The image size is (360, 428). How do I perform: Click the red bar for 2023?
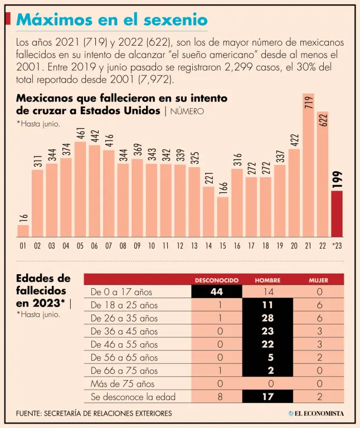point(337,214)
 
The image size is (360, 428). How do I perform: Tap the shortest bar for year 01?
point(23,231)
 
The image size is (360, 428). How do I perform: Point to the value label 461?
point(80,134)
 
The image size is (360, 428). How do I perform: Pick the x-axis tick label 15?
point(223,245)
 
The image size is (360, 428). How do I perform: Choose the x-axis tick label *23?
point(337,245)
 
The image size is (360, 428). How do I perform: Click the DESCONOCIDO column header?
point(217,280)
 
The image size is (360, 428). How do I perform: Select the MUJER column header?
point(318,280)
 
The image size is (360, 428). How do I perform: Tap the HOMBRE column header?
point(267,280)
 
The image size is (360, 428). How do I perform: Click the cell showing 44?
point(217,291)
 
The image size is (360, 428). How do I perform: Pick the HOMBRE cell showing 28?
point(267,318)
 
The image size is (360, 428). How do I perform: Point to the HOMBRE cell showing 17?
point(267,397)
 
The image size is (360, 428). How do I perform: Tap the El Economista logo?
point(316,414)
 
